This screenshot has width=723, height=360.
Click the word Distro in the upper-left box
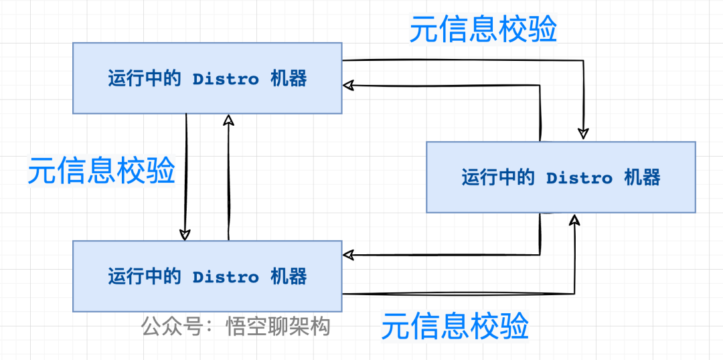click(226, 79)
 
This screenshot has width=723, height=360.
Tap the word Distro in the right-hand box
click(579, 177)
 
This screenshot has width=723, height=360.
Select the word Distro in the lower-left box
click(226, 276)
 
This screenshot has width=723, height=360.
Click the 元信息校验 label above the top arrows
click(483, 29)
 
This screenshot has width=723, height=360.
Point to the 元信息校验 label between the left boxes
click(101, 171)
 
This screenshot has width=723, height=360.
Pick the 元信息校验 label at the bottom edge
click(455, 327)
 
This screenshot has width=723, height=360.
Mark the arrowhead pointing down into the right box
click(584, 134)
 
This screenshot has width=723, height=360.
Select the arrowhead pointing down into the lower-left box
click(185, 234)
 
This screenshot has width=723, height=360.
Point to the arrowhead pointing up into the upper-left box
click(228, 120)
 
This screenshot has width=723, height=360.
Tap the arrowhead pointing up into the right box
click(574, 221)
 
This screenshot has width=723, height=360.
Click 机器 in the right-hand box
click(642, 177)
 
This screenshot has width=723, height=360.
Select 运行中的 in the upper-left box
click(145, 79)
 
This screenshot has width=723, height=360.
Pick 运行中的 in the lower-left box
click(145, 276)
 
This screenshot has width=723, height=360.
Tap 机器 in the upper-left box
click(289, 79)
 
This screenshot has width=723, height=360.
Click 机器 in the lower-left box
click(289, 276)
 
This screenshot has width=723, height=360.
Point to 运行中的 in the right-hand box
click(498, 177)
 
